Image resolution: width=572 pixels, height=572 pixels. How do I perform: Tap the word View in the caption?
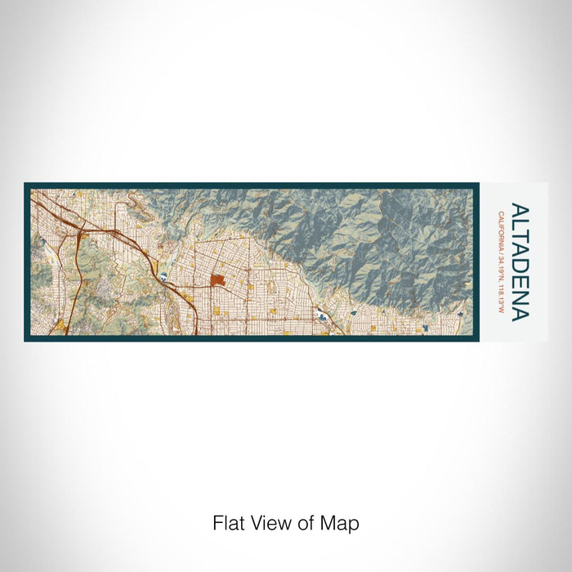click(x=263, y=523)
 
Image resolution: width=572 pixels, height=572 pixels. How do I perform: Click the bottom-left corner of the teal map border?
click(x=25, y=339)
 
